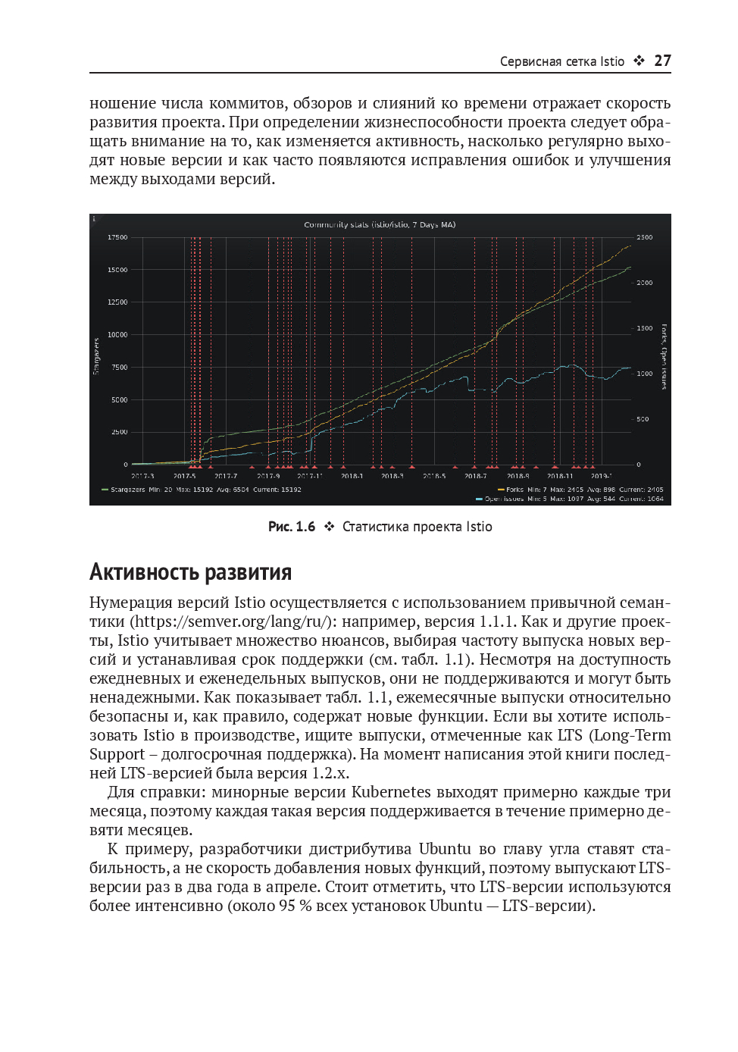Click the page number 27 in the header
(x=662, y=61)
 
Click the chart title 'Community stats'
(x=380, y=225)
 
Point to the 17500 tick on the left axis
(x=117, y=237)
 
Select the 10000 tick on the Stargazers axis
(x=117, y=334)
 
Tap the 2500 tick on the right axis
(x=644, y=237)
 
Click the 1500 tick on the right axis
(x=644, y=328)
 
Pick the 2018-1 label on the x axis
(x=352, y=476)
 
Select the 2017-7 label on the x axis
(x=226, y=476)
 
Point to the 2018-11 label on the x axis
(x=560, y=476)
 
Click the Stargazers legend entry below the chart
(x=129, y=490)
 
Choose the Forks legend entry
(x=514, y=490)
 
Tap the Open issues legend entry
(x=504, y=499)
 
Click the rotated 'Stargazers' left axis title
(x=96, y=356)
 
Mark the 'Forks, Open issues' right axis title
(x=665, y=356)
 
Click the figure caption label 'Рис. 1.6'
(x=292, y=527)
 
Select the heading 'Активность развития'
(x=190, y=572)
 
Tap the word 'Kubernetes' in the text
(x=391, y=792)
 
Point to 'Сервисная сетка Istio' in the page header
(x=561, y=61)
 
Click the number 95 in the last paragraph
(x=286, y=906)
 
